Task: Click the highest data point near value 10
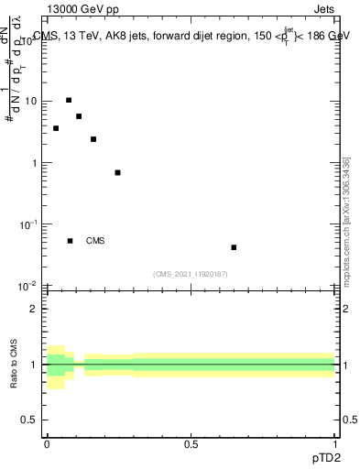click(69, 100)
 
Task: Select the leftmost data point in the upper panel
click(56, 128)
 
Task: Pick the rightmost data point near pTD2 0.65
click(234, 247)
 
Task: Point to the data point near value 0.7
click(117, 172)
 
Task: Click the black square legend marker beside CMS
click(70, 241)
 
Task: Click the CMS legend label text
click(95, 241)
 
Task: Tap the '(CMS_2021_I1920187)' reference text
click(190, 274)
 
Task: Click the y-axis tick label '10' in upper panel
click(30, 102)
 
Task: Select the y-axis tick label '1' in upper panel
click(35, 163)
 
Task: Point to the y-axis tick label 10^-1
click(28, 224)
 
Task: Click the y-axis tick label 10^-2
click(28, 285)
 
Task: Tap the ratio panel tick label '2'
click(34, 309)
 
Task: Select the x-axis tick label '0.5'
click(191, 444)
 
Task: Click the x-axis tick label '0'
click(47, 444)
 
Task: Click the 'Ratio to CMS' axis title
click(14, 365)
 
